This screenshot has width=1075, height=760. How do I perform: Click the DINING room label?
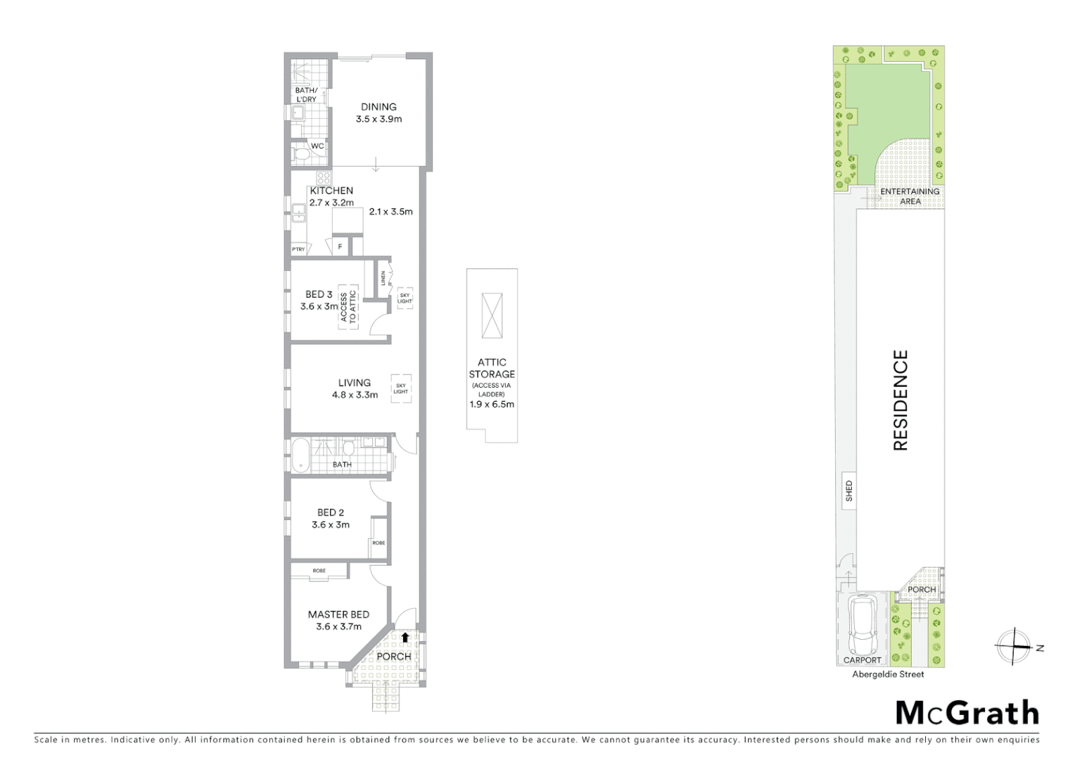coord(379,107)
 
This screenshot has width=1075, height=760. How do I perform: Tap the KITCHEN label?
coord(331,191)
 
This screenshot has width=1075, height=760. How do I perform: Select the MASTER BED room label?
coord(338,614)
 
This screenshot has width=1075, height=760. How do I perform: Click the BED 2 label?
coord(331,512)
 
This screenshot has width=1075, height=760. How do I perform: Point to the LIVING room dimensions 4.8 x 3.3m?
coord(355,395)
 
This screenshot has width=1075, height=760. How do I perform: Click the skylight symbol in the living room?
coord(401,388)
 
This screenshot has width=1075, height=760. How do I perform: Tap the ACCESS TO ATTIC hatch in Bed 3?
coord(348,308)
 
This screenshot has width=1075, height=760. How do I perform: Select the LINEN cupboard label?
coord(383,279)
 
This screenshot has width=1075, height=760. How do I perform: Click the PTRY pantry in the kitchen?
coord(299,249)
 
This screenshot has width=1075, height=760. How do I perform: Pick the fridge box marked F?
coord(341,246)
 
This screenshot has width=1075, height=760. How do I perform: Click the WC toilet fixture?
coord(302,154)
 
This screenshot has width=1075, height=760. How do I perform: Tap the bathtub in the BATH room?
coord(300,455)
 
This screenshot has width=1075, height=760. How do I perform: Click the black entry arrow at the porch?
coord(405,637)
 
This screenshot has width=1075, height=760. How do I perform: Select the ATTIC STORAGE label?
coord(492,368)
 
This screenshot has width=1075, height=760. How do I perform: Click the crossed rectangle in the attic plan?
coord(492,315)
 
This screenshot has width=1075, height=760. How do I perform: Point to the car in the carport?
coord(861,624)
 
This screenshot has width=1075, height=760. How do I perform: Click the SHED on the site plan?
coord(848,490)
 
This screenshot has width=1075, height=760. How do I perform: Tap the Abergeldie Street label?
coord(888,674)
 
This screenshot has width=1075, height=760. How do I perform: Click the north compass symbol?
coord(1014,646)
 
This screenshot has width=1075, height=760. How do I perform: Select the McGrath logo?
coord(967,713)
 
